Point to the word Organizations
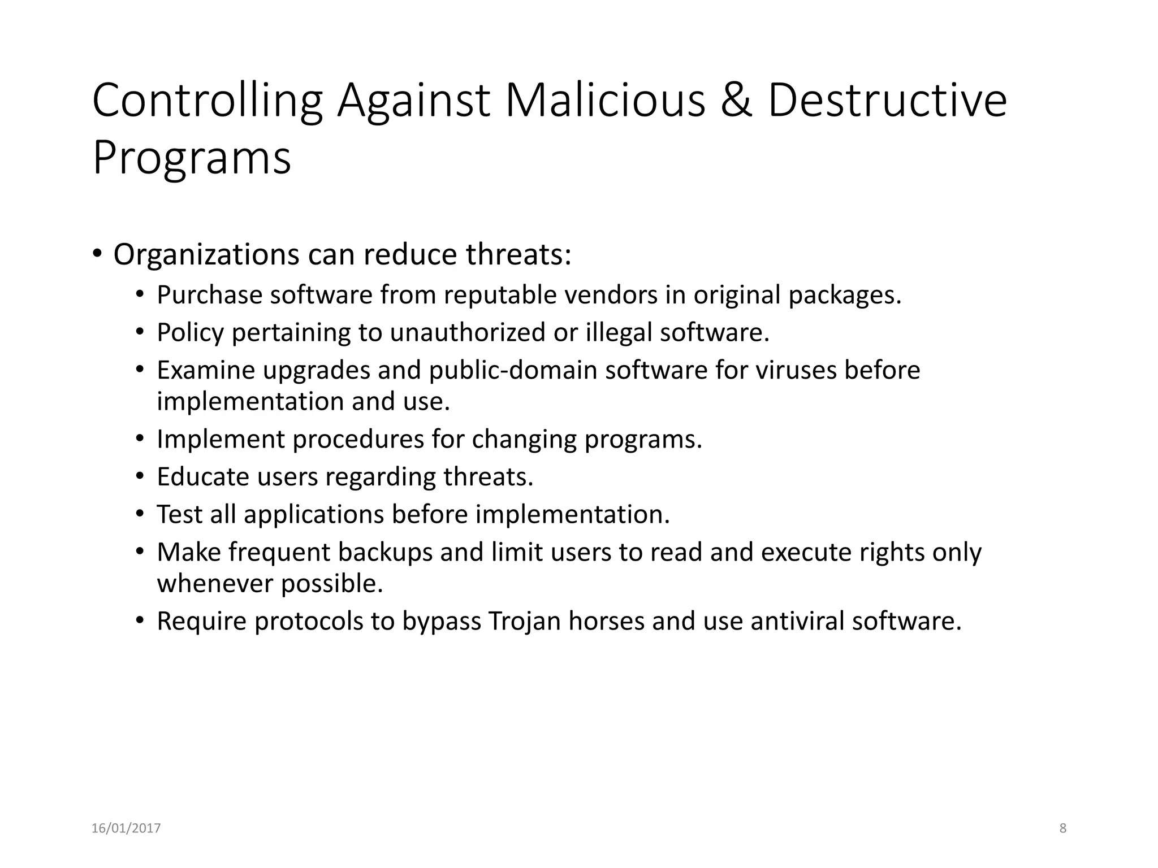(x=206, y=255)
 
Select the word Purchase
(x=209, y=296)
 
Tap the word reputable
(x=500, y=296)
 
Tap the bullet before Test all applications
(x=140, y=514)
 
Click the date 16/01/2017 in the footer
(x=126, y=828)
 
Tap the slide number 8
(x=1062, y=828)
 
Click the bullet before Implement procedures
(x=140, y=439)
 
